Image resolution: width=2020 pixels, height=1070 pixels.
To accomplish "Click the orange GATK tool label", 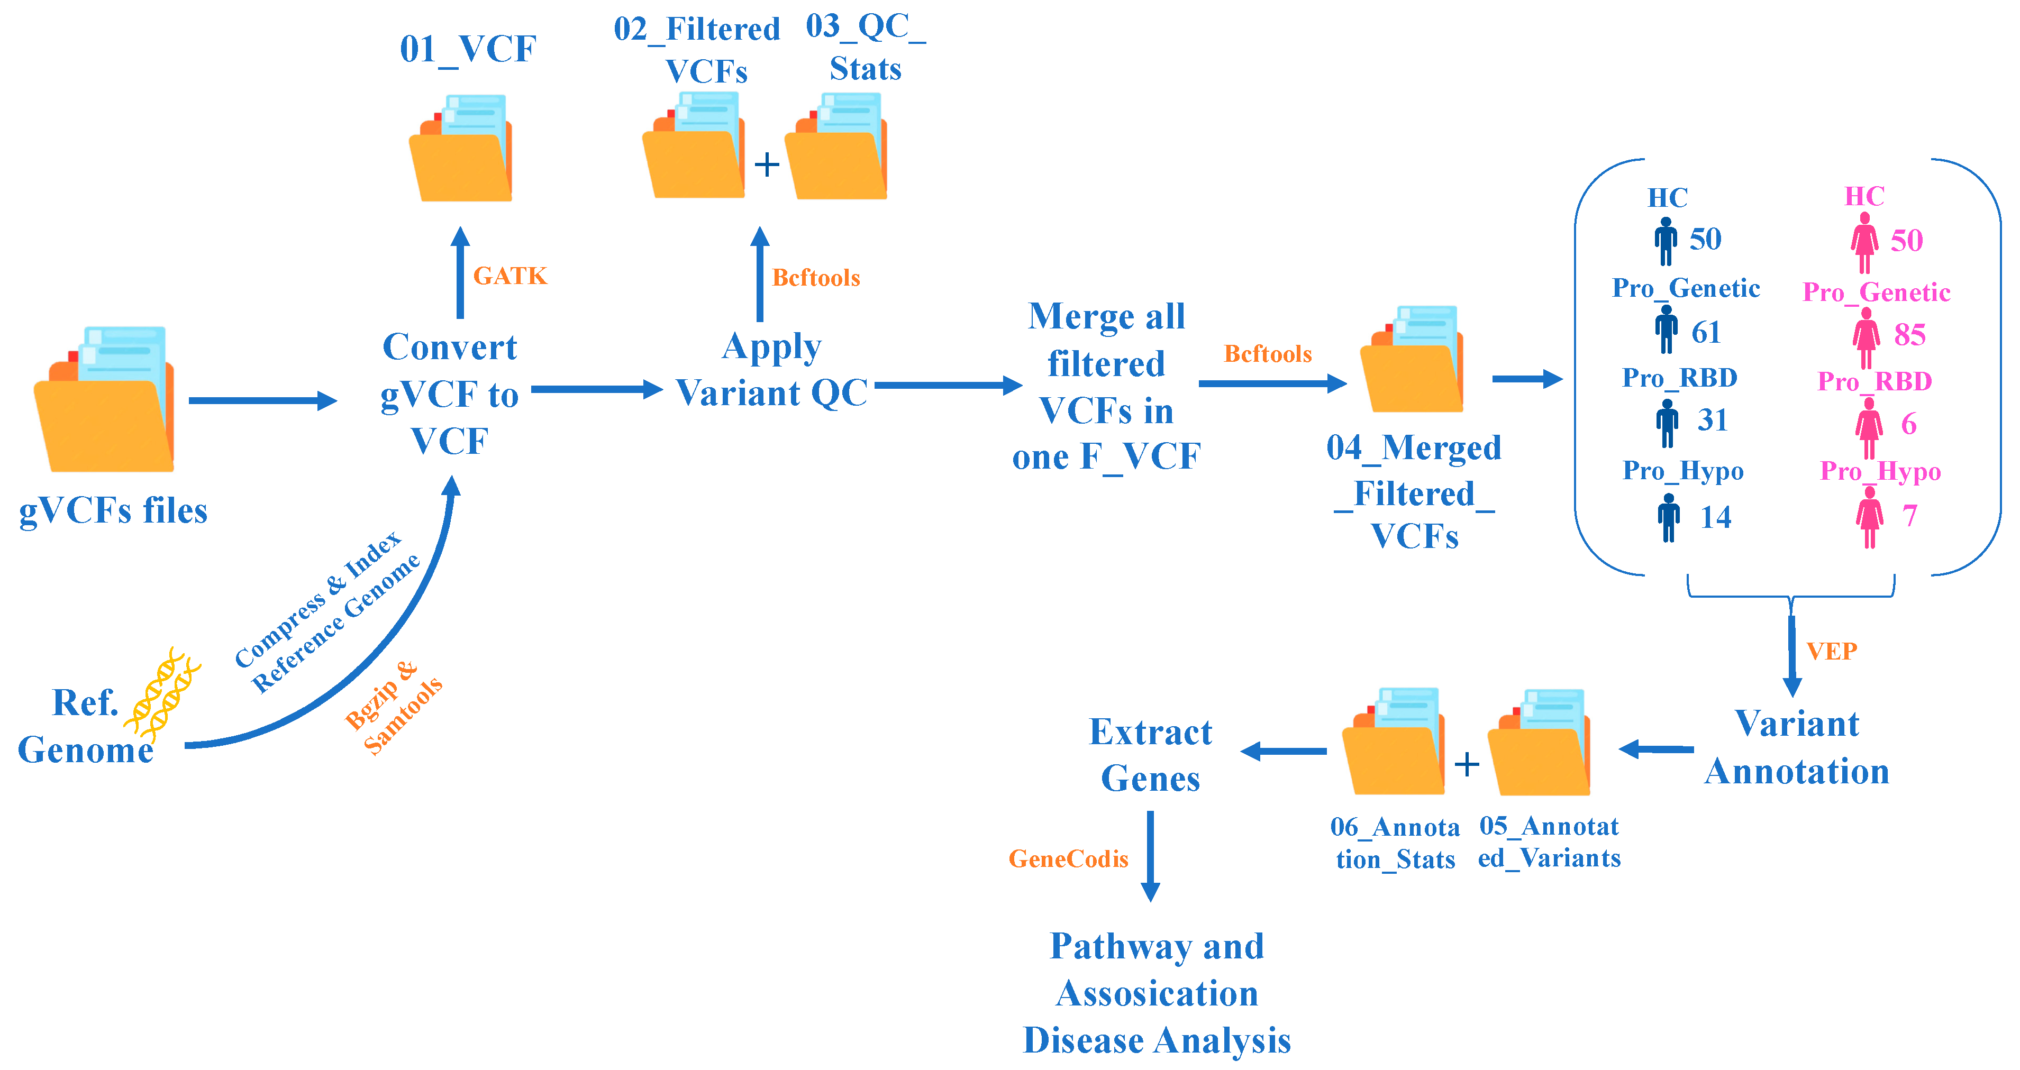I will (509, 276).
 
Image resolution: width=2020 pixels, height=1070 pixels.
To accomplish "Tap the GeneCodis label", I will (1068, 858).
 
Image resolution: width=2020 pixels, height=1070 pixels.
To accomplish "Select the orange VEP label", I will (1831, 651).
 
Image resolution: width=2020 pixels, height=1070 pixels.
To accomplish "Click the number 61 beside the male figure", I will (1706, 332).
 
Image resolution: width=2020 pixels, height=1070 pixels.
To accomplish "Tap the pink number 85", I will (1909, 335).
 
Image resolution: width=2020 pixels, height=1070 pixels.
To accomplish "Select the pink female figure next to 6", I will (1869, 427).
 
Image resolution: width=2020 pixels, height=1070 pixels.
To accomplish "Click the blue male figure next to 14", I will (1669, 517).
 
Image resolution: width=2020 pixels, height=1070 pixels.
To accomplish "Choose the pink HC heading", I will (1864, 196).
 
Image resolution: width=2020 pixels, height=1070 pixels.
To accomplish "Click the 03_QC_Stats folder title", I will (865, 47).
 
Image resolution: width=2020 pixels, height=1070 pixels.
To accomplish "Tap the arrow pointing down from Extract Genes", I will (1150, 856).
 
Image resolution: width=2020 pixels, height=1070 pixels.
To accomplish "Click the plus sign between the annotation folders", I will (1467, 764).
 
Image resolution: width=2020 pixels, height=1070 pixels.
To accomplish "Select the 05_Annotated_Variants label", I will (1549, 842).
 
